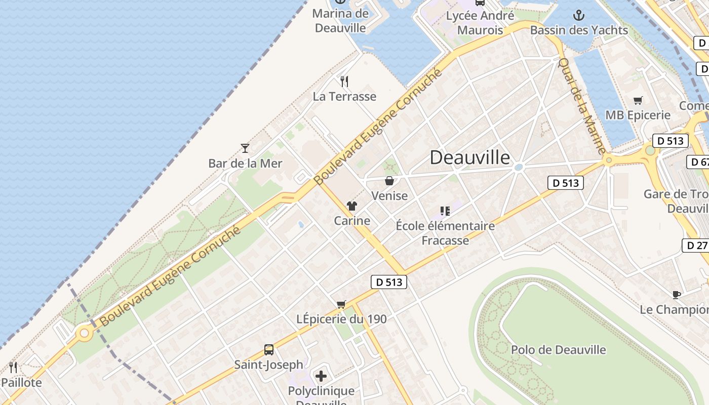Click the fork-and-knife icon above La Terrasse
click(344, 81)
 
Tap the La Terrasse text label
click(344, 96)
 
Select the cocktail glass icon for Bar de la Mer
click(245, 148)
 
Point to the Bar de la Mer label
click(245, 164)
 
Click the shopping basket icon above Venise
click(389, 181)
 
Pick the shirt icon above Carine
click(352, 206)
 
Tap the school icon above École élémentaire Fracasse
click(445, 211)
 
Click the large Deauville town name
click(470, 157)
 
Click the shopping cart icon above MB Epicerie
click(638, 100)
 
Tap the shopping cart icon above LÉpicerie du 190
click(341, 304)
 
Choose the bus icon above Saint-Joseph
click(269, 350)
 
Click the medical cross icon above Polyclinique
click(321, 376)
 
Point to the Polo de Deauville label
click(558, 350)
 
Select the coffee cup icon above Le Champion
click(676, 295)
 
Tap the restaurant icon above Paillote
click(13, 367)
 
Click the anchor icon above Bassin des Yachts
click(579, 16)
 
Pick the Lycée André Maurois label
click(480, 23)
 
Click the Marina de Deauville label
click(340, 21)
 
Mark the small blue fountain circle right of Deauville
click(519, 167)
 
